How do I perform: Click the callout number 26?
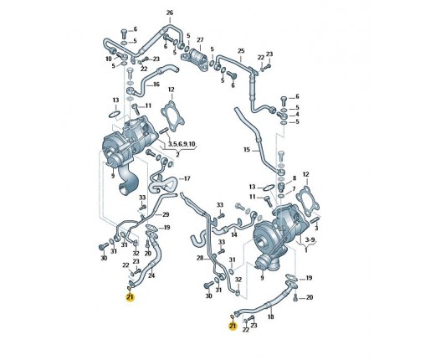(170, 13)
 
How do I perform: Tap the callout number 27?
(200, 40)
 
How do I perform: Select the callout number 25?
(241, 51)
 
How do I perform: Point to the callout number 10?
(109, 59)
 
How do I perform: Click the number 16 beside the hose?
(156, 84)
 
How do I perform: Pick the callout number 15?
(247, 150)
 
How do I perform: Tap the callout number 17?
(187, 178)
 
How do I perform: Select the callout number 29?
(166, 214)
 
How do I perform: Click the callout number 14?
(234, 234)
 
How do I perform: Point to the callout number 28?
(200, 258)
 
